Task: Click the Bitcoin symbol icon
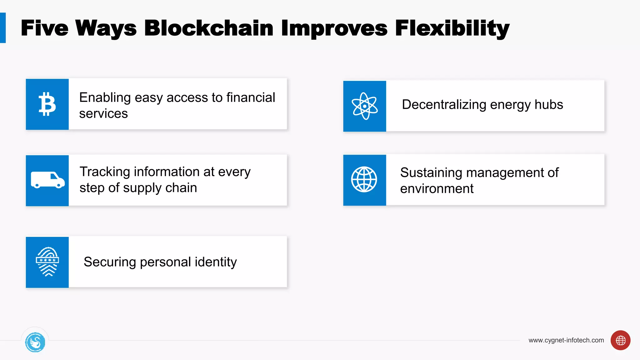click(47, 104)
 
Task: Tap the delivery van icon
click(47, 180)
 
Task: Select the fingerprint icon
click(47, 262)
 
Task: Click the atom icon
click(364, 106)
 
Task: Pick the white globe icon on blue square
click(364, 179)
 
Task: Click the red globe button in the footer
click(620, 340)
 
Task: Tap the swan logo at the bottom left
click(35, 342)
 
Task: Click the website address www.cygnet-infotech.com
click(566, 340)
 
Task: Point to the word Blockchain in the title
click(209, 28)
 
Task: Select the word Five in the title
click(44, 28)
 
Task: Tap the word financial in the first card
click(251, 97)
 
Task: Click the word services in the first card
click(103, 114)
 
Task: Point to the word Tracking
click(105, 172)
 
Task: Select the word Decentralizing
click(444, 105)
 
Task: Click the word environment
click(437, 189)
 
